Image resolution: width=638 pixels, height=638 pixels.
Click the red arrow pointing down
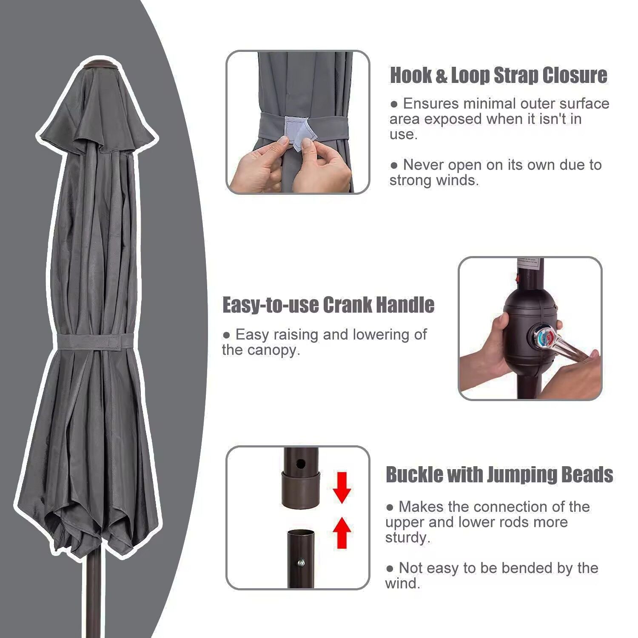(x=342, y=487)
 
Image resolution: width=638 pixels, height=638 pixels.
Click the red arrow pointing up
(x=342, y=532)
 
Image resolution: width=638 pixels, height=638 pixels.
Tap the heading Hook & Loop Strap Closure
(x=498, y=75)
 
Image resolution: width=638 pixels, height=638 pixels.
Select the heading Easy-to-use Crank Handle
(x=328, y=305)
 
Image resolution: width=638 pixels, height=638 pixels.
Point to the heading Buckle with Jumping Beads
(x=499, y=474)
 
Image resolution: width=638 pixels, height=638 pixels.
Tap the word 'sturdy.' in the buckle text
(x=408, y=538)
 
